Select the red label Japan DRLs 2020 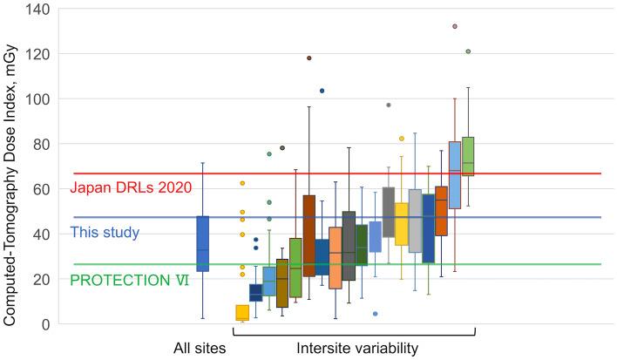(130, 187)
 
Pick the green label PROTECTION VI (129, 280)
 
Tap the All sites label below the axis (200, 349)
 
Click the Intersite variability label (356, 349)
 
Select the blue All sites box (203, 243)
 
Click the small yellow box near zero (242, 313)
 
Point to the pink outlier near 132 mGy (455, 26)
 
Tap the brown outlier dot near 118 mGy (308, 58)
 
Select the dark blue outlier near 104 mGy (322, 91)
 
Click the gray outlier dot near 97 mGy (389, 105)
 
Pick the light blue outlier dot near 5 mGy (376, 314)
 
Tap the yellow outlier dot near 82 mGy (402, 139)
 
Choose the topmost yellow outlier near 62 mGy (242, 183)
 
